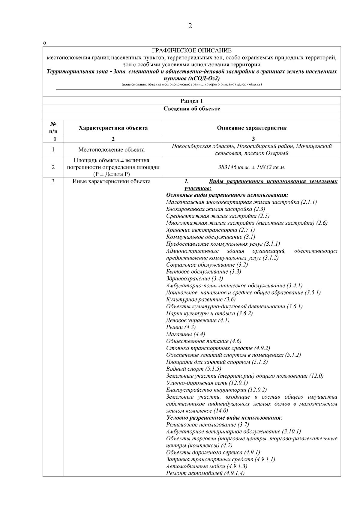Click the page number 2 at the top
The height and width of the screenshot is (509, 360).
[x=190, y=26]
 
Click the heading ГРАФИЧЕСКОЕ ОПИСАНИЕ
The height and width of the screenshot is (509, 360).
[x=192, y=50]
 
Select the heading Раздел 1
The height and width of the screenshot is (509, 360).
[x=192, y=101]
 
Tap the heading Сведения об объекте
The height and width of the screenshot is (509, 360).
[x=192, y=109]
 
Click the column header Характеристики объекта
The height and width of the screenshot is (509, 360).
[x=113, y=128]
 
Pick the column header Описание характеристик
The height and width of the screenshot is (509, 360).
[x=252, y=128]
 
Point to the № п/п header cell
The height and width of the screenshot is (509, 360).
[x=53, y=128]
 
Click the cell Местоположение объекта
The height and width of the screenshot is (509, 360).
[x=112, y=149]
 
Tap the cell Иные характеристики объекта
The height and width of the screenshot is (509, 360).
[x=112, y=181]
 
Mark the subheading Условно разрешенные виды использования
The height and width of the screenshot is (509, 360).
[x=224, y=418]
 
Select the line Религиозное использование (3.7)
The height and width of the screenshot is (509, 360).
[x=207, y=424]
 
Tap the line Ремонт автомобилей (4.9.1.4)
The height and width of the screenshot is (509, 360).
[x=205, y=473]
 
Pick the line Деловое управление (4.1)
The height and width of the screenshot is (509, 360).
[x=198, y=320]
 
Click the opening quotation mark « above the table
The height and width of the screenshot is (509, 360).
[x=45, y=43]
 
